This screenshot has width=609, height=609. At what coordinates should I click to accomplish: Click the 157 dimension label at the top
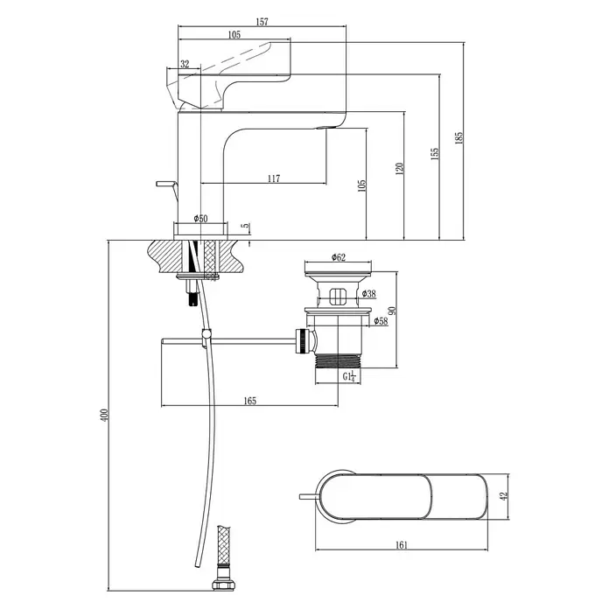[262, 22]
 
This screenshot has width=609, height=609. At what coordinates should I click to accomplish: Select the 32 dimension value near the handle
[185, 64]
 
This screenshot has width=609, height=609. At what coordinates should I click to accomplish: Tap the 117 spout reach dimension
[274, 178]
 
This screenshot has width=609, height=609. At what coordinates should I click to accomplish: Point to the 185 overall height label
[459, 138]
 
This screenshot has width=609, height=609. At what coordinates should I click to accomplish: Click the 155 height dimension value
[435, 153]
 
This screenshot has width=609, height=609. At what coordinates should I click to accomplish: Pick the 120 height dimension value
[399, 169]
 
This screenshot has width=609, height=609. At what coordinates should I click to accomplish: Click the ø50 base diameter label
[200, 218]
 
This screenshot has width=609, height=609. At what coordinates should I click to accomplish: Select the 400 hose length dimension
[104, 416]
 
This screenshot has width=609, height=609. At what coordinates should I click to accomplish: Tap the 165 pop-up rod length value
[250, 401]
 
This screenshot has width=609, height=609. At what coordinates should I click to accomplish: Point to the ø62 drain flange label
[339, 257]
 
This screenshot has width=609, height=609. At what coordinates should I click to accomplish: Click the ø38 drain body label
[368, 294]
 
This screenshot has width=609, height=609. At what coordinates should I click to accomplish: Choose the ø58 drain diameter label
[381, 321]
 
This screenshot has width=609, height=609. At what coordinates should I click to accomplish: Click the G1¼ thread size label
[349, 376]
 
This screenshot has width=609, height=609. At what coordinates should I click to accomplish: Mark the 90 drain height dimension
[392, 311]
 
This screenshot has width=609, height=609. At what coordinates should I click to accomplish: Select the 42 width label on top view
[504, 496]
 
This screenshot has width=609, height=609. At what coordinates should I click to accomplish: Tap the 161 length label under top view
[402, 545]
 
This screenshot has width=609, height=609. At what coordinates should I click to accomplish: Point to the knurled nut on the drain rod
[303, 341]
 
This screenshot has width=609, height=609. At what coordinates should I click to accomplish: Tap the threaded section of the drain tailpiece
[338, 360]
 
